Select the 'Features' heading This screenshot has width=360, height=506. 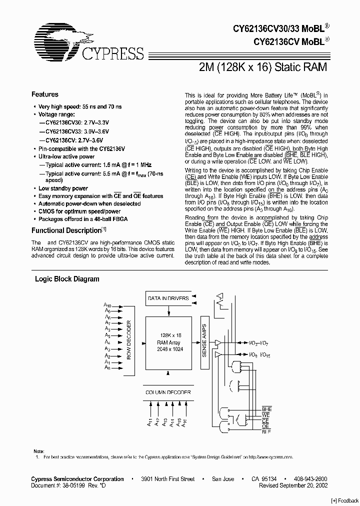click(x=45, y=94)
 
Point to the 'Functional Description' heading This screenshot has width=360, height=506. click(x=66, y=231)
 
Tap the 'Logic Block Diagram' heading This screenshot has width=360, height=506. click(x=67, y=279)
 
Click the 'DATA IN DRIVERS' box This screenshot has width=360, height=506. click(x=168, y=298)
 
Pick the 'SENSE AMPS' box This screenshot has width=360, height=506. click(x=204, y=338)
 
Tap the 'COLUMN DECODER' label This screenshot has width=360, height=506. click(x=168, y=392)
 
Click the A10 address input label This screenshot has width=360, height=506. click(x=107, y=305)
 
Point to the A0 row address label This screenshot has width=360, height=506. click(x=107, y=367)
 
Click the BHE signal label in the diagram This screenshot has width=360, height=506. click(x=266, y=409)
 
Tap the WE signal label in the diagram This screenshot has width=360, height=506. click(x=265, y=415)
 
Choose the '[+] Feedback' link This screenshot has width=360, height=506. click(x=345, y=500)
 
